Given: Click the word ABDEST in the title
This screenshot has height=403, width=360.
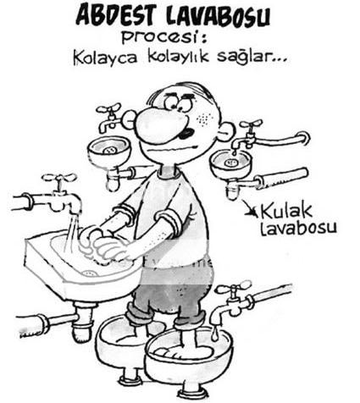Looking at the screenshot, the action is click(114, 15).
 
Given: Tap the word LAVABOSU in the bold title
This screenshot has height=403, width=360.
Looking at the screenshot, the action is click(218, 16).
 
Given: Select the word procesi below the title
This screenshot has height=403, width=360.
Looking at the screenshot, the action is click(160, 37).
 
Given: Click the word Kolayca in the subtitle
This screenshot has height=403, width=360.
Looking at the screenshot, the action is click(105, 58).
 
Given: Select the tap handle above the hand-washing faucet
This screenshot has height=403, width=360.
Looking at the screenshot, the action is click(59, 178).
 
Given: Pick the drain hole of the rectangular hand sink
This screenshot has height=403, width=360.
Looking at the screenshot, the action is click(90, 273).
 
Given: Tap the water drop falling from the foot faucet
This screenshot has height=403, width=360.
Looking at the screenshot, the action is click(216, 334).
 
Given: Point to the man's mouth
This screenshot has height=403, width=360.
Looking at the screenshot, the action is click(186, 132).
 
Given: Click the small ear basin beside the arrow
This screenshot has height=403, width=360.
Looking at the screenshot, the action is click(230, 163).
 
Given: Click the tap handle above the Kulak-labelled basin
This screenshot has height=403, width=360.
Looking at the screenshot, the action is click(252, 124).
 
